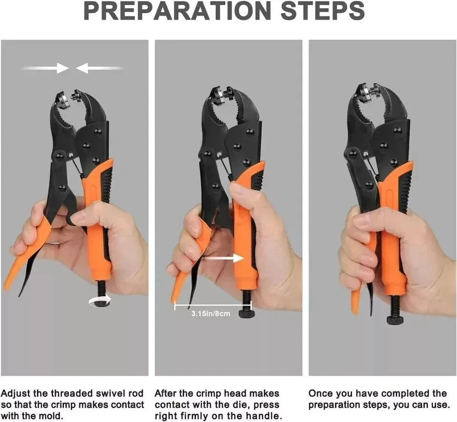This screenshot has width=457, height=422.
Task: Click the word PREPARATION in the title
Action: pyautogui.click(x=178, y=11)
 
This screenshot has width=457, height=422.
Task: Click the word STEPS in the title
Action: pyautogui.click(x=323, y=11)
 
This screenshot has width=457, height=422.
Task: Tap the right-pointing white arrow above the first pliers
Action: pyautogui.click(x=45, y=68)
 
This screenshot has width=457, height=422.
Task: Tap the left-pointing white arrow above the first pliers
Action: pyautogui.click(x=99, y=69)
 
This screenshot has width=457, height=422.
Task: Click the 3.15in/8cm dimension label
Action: pyautogui.click(x=211, y=314)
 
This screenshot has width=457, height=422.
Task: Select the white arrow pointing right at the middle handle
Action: pyautogui.click(x=223, y=258)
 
